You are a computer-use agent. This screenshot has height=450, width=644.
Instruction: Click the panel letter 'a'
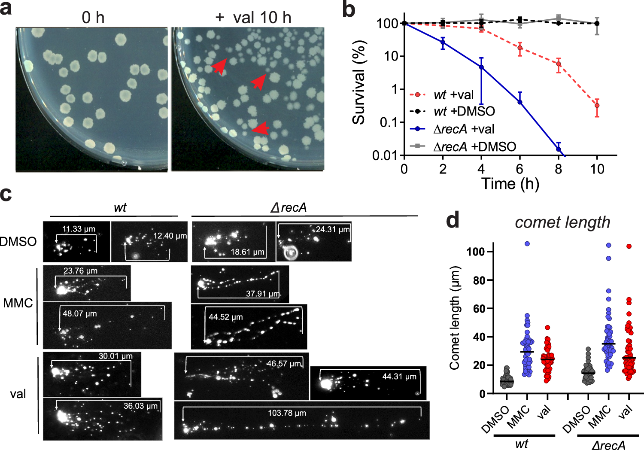pos(6,9)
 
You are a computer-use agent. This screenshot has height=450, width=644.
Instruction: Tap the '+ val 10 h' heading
pos(253,18)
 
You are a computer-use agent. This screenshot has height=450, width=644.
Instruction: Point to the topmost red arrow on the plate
pos(219,66)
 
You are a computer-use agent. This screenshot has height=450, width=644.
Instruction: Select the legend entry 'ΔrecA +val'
pos(464,129)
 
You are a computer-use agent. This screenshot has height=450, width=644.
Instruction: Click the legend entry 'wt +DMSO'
pos(464,112)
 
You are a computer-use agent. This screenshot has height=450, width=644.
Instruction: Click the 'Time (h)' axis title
pos(510,184)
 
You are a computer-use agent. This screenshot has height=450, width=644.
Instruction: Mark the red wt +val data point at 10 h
pos(597,105)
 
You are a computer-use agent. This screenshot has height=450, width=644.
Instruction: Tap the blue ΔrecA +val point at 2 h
pos(443,43)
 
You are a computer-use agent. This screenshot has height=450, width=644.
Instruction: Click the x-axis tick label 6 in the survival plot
pos(519,169)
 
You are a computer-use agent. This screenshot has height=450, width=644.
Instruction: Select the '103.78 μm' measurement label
pos(287,413)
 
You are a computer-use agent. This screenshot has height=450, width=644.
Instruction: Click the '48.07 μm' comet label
pos(79,314)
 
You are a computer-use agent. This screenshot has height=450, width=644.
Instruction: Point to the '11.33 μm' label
pos(79,229)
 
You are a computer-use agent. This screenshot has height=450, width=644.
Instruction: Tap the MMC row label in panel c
pos(18,303)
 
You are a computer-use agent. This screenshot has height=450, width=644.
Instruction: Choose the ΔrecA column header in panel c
pos(289,208)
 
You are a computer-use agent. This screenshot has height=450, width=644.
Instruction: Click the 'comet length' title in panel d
pos(562,222)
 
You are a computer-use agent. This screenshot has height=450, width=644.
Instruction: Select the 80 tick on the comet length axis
pos(479,280)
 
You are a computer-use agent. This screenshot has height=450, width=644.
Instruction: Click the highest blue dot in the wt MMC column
pos(527,244)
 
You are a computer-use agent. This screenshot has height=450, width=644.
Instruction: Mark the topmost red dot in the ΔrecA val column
pos(629,246)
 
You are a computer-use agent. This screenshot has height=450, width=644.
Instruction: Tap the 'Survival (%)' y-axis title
pos(359,83)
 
